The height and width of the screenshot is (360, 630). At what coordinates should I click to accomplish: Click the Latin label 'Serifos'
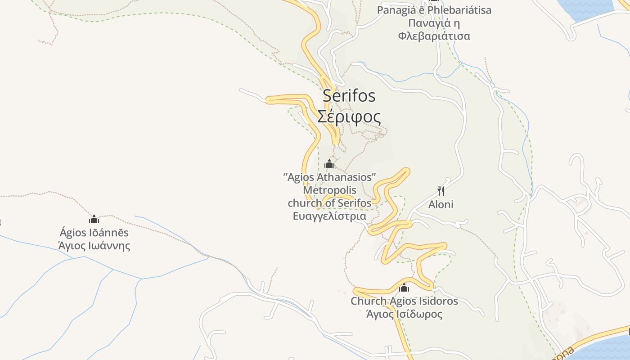(x=349, y=95)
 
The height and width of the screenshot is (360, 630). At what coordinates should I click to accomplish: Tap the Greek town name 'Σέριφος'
(x=349, y=117)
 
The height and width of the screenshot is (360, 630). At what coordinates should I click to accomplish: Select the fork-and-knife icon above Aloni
(x=441, y=191)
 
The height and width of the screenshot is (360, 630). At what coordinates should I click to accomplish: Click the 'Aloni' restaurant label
(x=441, y=205)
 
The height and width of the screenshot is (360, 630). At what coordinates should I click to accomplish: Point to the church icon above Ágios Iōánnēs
(x=94, y=219)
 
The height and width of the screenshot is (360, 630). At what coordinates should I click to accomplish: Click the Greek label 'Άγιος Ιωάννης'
(x=94, y=246)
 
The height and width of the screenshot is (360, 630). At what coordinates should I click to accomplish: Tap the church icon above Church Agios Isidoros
(x=404, y=288)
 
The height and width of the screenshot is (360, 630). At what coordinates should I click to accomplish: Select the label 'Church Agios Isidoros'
(x=404, y=301)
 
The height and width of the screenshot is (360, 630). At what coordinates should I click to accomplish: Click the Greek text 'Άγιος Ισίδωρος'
(x=404, y=314)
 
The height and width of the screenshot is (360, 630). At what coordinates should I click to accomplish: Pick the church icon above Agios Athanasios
(x=329, y=164)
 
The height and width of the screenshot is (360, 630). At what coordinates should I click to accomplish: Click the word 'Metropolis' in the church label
(x=329, y=190)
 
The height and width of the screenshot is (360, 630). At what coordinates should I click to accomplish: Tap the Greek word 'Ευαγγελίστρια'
(x=329, y=216)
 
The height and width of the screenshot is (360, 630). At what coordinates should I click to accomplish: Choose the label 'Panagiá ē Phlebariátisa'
(x=434, y=10)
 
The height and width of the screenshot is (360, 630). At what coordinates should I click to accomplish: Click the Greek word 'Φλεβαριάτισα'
(x=434, y=36)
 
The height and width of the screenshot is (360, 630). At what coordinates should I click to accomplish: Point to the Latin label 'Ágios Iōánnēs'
(x=94, y=233)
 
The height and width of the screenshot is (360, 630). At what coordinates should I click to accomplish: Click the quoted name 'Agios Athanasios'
(x=329, y=177)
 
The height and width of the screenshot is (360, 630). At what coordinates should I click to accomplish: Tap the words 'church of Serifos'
(x=329, y=203)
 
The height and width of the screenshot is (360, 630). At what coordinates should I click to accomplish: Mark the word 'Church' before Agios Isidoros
(x=368, y=301)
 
